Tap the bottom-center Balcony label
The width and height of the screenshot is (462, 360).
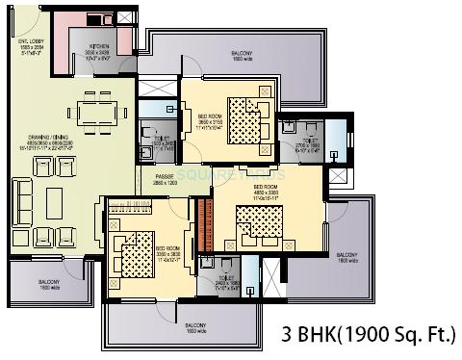tap(170, 327)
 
